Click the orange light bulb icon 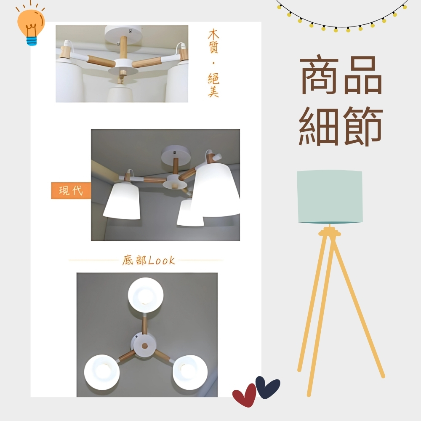[31, 26]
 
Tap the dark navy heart [267, 386]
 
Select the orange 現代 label [71, 191]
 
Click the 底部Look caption [149, 260]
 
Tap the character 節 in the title [363, 126]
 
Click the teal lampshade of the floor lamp [330, 197]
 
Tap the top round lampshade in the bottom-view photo [146, 295]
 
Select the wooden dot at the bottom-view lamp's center [145, 346]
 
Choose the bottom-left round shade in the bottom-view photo [102, 372]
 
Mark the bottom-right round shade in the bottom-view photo [190, 372]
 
